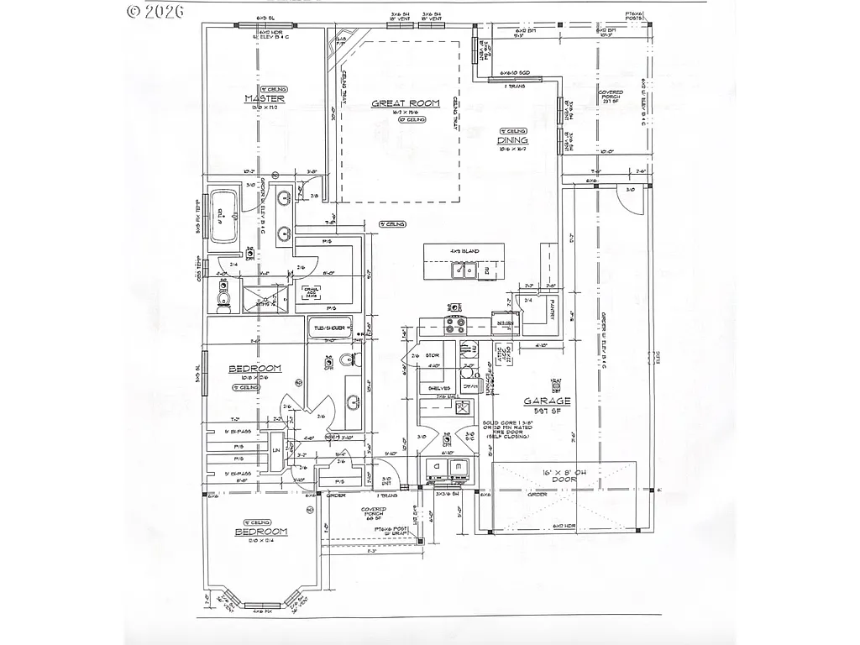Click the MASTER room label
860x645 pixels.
click(x=264, y=99)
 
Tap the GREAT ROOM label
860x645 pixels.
click(x=406, y=103)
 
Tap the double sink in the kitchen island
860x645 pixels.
click(x=464, y=270)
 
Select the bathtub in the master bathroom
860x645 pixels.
click(x=224, y=216)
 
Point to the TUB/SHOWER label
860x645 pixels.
click(x=330, y=328)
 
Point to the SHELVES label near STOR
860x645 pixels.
click(x=438, y=388)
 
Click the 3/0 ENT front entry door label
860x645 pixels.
click(x=385, y=480)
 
